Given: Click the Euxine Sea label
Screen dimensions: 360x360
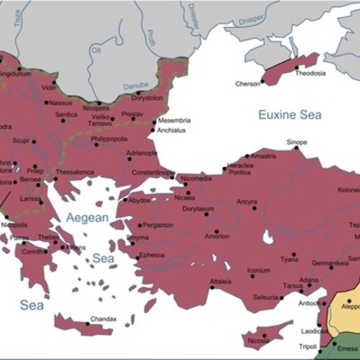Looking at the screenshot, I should (289, 114).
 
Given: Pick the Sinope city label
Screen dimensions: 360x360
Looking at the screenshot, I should (296, 142).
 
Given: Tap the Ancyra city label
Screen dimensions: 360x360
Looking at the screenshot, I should (247, 202).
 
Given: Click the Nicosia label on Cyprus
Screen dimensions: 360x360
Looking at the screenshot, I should (258, 341).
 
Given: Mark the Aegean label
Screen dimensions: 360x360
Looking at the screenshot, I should (85, 219).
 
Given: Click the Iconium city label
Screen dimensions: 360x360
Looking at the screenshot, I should (258, 270).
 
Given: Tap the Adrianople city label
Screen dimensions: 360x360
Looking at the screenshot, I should (141, 153).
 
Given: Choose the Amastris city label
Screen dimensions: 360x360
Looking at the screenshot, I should (264, 156).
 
